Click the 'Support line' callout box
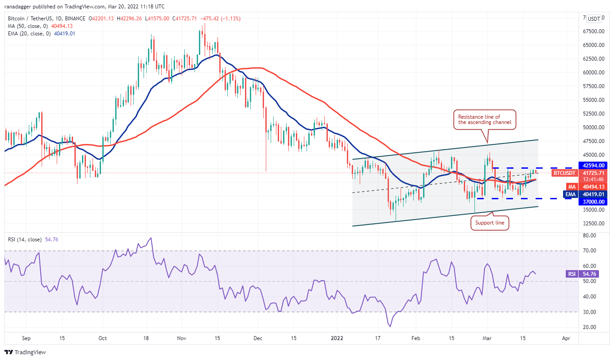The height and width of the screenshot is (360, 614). point(490,223)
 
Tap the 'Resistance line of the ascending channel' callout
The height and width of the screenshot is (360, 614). point(485,120)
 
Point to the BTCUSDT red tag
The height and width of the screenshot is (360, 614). point(565,173)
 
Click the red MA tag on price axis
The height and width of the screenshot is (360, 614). point(572,186)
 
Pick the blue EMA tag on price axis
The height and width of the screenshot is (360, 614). point(571,194)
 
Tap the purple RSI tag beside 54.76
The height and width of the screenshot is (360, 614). point(571,274)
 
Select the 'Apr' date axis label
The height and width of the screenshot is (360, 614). point(566,338)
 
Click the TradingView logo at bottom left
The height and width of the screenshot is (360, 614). point(25,352)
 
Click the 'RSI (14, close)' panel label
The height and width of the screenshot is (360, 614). point(25,240)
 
